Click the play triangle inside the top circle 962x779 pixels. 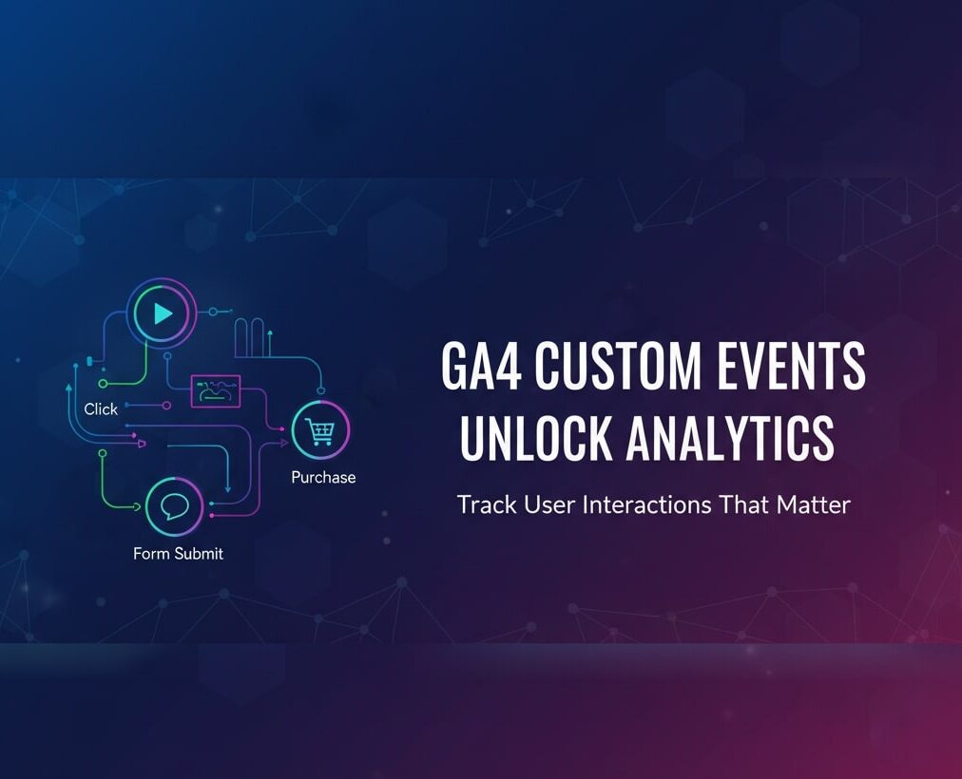[163, 314]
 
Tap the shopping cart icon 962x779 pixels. [320, 432]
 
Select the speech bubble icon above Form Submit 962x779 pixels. [175, 506]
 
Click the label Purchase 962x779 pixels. [323, 477]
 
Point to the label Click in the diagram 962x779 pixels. [101, 408]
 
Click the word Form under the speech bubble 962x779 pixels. [152, 553]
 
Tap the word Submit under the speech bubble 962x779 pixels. [199, 553]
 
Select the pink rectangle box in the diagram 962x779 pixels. [216, 390]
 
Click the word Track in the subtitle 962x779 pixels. [483, 503]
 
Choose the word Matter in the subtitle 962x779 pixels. [814, 503]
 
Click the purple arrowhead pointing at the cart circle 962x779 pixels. [282, 442]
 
